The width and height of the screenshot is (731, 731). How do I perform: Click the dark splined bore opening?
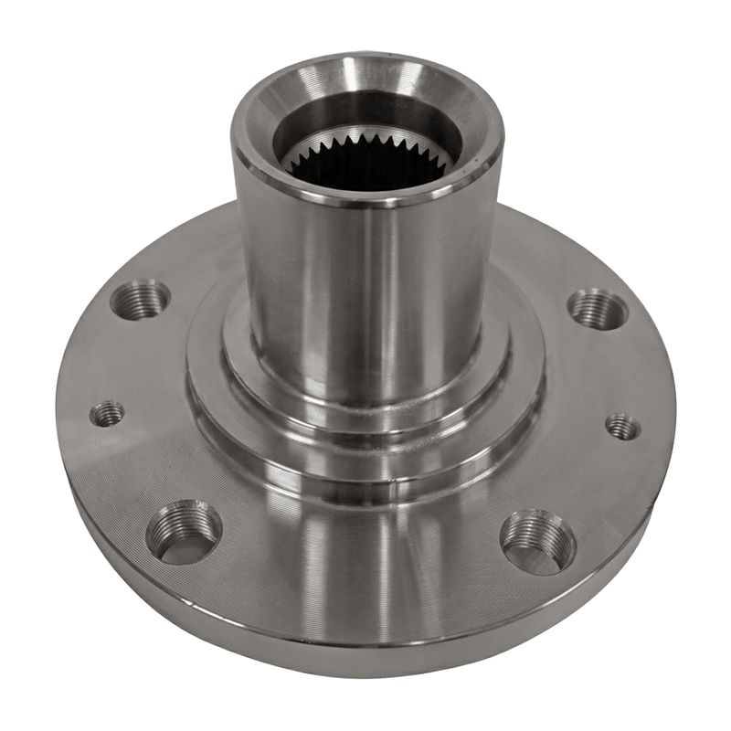(x=365, y=169)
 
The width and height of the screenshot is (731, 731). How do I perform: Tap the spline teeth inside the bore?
(x=365, y=144)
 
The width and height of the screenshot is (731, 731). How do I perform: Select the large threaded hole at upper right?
(x=599, y=308)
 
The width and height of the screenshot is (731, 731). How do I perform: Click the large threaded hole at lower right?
(x=538, y=541)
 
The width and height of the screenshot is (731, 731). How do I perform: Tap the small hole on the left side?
(x=107, y=414)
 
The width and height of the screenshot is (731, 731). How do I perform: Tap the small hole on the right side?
(x=623, y=426)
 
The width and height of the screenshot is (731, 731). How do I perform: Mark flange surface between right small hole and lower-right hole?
(x=594, y=484)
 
